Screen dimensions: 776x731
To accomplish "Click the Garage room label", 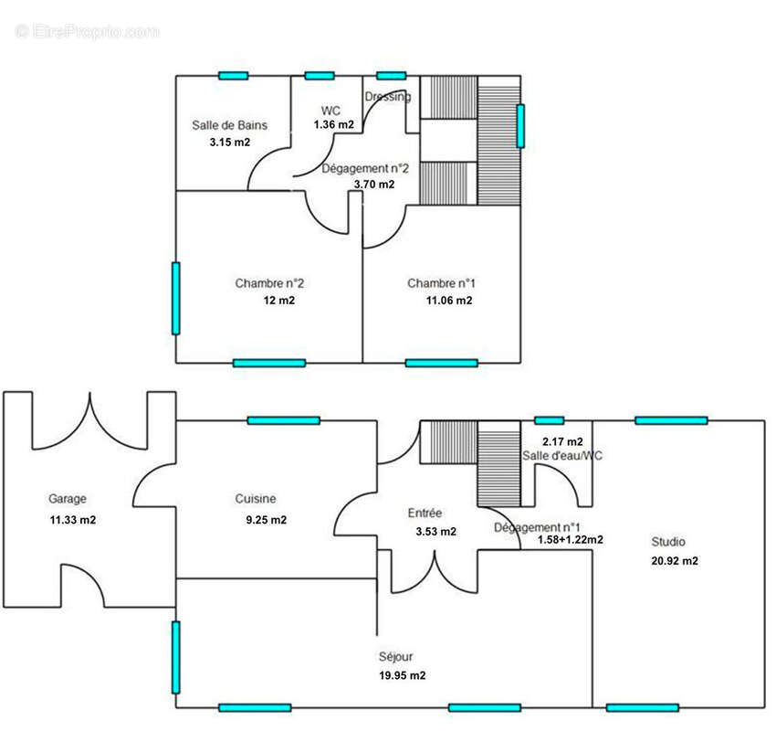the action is tap(68, 499).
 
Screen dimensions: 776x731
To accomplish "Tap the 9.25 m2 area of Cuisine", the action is tap(267, 520).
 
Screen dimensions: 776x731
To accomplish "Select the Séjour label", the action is tap(395, 657).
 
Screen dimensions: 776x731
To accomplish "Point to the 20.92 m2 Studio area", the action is tap(675, 561).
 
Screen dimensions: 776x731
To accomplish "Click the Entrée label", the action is tap(425, 514).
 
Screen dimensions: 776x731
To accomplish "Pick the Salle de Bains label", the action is tap(230, 125).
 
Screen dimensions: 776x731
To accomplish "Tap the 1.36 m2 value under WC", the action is tap(333, 124).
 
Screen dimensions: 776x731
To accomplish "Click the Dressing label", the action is tap(387, 97).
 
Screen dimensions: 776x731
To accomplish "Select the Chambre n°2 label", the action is tap(269, 283).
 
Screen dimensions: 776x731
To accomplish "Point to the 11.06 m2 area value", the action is tap(449, 301).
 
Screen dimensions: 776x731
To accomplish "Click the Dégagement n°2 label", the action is tap(365, 169).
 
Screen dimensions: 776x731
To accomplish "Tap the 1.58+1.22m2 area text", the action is tap(570, 540).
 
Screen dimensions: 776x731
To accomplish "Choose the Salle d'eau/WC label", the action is tap(562, 456).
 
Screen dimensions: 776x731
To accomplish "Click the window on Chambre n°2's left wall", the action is tap(175, 299).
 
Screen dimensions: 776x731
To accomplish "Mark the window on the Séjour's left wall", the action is tap(175, 658).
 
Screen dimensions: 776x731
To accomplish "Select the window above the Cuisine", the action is tap(284, 420).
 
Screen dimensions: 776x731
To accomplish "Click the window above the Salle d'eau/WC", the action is tap(550, 420).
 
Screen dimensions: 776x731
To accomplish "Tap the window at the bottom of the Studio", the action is tap(643, 708).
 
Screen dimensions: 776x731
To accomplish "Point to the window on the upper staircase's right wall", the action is tap(520, 126).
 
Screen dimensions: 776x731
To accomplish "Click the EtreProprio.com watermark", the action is tap(88, 32).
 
